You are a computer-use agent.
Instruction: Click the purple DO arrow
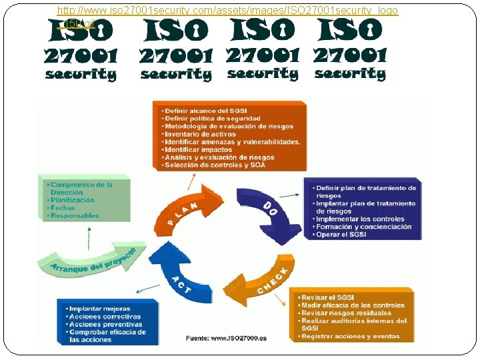pos(267,214)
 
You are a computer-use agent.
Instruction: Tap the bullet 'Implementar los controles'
pos(360,219)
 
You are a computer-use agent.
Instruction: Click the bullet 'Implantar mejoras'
pos(100,309)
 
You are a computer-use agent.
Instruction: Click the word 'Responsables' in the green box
pos(75,215)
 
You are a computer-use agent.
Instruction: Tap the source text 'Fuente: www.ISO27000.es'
pos(226,339)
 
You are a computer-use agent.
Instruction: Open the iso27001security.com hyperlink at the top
pos(227,11)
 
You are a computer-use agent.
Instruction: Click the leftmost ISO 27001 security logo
pos(81,49)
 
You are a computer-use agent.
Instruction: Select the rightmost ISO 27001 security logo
pos(350,49)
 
